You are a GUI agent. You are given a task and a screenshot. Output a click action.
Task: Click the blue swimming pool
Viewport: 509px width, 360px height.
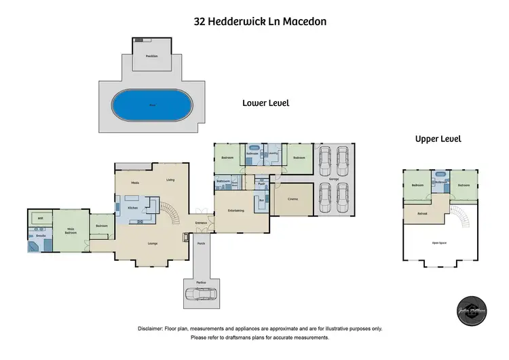151,106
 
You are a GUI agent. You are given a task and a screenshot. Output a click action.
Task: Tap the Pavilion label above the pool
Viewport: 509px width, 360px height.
151,56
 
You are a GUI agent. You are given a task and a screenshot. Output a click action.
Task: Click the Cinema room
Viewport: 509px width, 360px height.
293,198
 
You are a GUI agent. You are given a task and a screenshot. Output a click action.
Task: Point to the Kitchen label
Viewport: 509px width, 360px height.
133,206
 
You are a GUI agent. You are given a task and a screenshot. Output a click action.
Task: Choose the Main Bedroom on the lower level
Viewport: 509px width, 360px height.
71,231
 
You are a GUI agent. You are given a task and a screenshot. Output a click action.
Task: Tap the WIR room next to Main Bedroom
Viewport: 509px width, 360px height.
41,218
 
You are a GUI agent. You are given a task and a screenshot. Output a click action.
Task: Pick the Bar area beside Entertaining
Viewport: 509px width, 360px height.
261,200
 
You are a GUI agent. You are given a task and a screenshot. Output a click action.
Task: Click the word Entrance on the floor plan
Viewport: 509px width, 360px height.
201,223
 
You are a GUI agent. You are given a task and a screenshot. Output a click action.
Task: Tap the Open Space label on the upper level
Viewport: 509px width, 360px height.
438,242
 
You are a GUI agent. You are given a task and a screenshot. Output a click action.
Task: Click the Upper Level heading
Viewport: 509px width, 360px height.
438,139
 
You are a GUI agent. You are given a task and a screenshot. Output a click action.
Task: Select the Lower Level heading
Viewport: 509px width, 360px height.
266,103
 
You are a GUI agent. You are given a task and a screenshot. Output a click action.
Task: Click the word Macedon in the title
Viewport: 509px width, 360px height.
303,21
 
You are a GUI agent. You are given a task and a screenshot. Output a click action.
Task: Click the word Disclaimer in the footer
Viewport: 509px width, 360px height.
153,328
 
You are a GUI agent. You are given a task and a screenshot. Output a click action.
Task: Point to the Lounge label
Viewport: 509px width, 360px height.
153,242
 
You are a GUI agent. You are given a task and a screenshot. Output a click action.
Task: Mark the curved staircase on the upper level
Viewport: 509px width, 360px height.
461,217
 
